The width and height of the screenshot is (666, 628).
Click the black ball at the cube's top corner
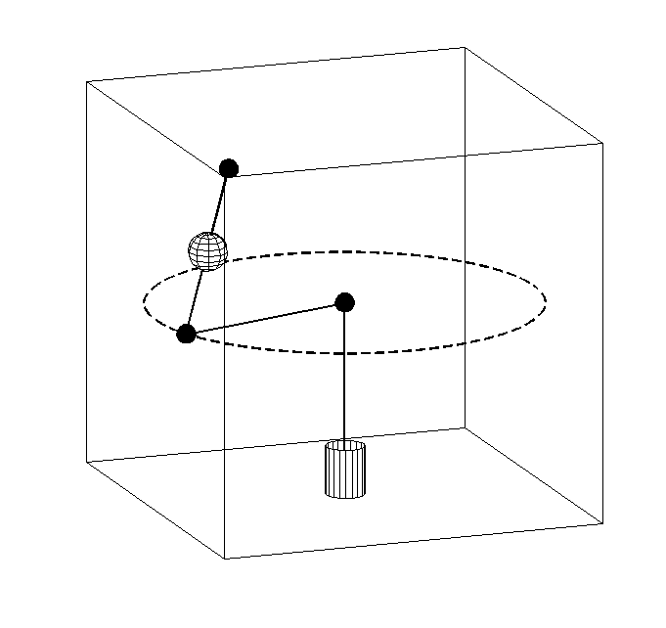(x=229, y=168)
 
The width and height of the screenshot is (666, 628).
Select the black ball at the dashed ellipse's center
(x=344, y=302)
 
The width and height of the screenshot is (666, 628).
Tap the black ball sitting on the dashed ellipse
(x=186, y=334)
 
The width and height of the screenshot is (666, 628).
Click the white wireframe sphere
(x=207, y=251)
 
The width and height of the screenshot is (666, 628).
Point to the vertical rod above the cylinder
(x=344, y=377)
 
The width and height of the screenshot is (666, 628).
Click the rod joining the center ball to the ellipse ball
(x=265, y=318)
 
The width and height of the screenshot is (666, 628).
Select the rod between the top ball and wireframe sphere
(x=220, y=202)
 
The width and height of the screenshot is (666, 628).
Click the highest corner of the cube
(x=465, y=47)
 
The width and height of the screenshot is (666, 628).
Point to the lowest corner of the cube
(x=226, y=559)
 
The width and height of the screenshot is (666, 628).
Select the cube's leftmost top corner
(x=87, y=82)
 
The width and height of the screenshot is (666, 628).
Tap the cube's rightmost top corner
(x=602, y=144)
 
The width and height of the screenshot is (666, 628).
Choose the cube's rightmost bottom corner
(x=602, y=523)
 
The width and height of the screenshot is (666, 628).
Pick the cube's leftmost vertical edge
(x=87, y=274)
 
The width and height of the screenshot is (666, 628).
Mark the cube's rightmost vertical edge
(x=602, y=333)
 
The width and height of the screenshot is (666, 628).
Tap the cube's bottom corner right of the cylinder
(x=465, y=427)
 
